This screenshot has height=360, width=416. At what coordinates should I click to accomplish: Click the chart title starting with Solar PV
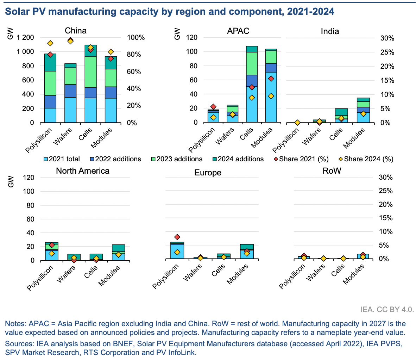click(169, 12)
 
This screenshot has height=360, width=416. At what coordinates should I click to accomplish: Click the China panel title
click(76, 31)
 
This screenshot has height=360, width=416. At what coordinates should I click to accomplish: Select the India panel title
click(330, 31)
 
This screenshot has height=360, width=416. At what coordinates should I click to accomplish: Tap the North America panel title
click(83, 171)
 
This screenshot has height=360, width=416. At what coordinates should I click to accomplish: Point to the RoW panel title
click(332, 171)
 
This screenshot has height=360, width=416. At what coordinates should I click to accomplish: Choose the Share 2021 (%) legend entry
click(301, 159)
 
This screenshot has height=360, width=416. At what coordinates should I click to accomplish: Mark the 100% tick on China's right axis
click(135, 38)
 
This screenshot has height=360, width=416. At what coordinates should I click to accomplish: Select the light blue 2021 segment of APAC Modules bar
click(271, 99)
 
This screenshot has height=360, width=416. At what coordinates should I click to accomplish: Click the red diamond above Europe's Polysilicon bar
click(177, 237)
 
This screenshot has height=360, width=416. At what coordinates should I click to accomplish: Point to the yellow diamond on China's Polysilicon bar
click(50, 43)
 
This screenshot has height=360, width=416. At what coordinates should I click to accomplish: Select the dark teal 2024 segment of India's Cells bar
click(341, 112)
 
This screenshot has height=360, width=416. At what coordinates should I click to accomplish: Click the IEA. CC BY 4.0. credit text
click(387, 310)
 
